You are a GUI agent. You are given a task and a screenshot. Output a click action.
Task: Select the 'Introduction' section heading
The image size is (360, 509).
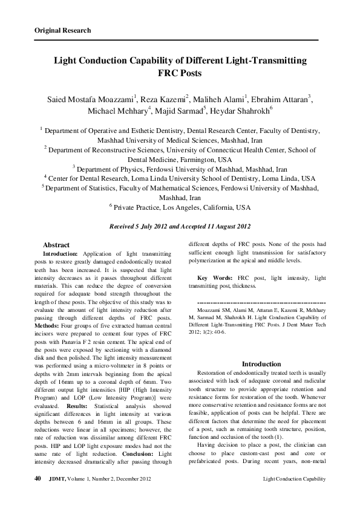tap(261, 364)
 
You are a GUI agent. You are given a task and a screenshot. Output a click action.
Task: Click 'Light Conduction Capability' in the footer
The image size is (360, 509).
tap(295, 479)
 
